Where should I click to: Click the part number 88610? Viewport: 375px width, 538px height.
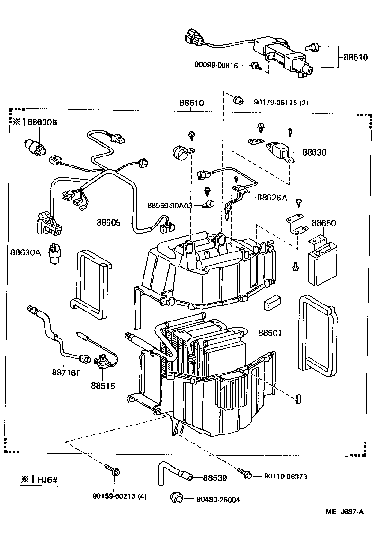[356, 58]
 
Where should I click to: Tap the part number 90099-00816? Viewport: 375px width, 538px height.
[216, 65]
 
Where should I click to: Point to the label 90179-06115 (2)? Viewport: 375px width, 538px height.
[281, 102]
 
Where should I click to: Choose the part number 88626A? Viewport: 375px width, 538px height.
[272, 197]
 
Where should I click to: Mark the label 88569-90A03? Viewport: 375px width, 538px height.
[170, 206]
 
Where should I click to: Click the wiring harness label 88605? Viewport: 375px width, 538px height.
[109, 222]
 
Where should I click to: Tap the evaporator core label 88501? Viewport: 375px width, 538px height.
[270, 333]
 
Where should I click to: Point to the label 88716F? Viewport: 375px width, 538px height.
[66, 371]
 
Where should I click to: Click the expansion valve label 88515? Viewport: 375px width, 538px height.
[103, 386]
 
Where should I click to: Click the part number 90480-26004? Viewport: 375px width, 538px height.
[218, 500]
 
